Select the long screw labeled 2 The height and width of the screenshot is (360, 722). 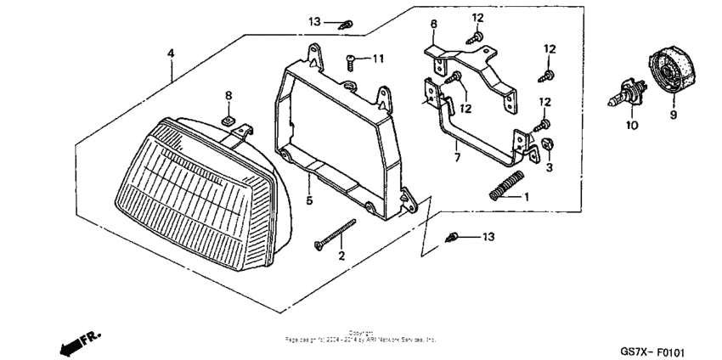pos(333,234)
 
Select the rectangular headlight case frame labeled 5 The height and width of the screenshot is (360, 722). pos(340,136)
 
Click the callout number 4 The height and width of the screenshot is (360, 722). pos(171,53)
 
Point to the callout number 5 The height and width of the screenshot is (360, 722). pos(310,201)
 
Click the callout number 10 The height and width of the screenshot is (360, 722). pos(631,126)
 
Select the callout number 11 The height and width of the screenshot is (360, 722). pos(377,59)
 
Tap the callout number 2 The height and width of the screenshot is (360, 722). pos(341,256)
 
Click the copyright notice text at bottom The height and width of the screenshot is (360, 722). pos(361,335)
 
